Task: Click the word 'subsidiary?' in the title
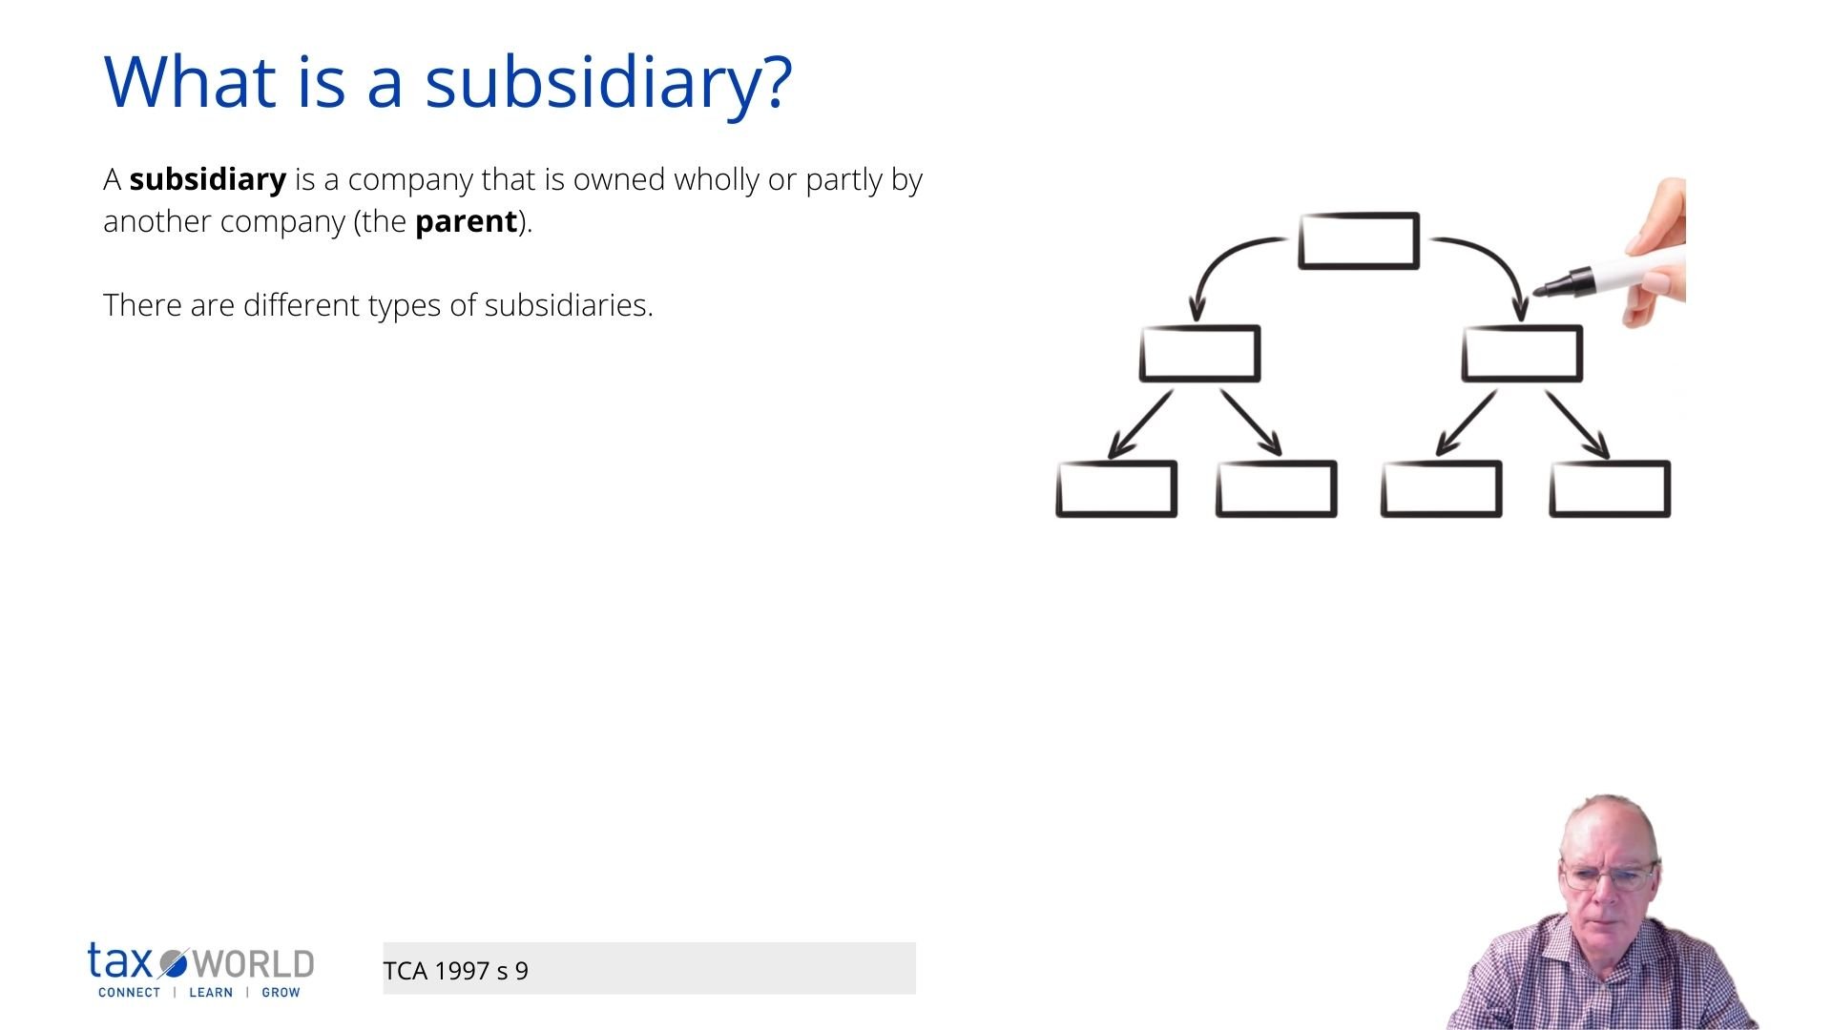(x=608, y=83)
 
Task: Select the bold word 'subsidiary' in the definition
(x=207, y=179)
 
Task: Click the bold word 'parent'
(x=466, y=221)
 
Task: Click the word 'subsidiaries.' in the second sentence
(x=569, y=305)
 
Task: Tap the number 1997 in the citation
(x=462, y=971)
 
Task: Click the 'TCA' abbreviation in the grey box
(x=405, y=971)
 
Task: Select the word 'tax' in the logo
(x=120, y=961)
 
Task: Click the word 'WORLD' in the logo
(x=253, y=964)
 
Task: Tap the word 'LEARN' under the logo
(x=211, y=993)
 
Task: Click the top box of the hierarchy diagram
(x=1359, y=240)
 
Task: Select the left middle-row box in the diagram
(x=1199, y=354)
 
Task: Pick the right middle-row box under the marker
(x=1522, y=354)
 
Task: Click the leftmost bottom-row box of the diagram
(x=1116, y=489)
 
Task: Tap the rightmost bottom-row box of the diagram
(x=1610, y=489)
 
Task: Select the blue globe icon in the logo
(x=174, y=964)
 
